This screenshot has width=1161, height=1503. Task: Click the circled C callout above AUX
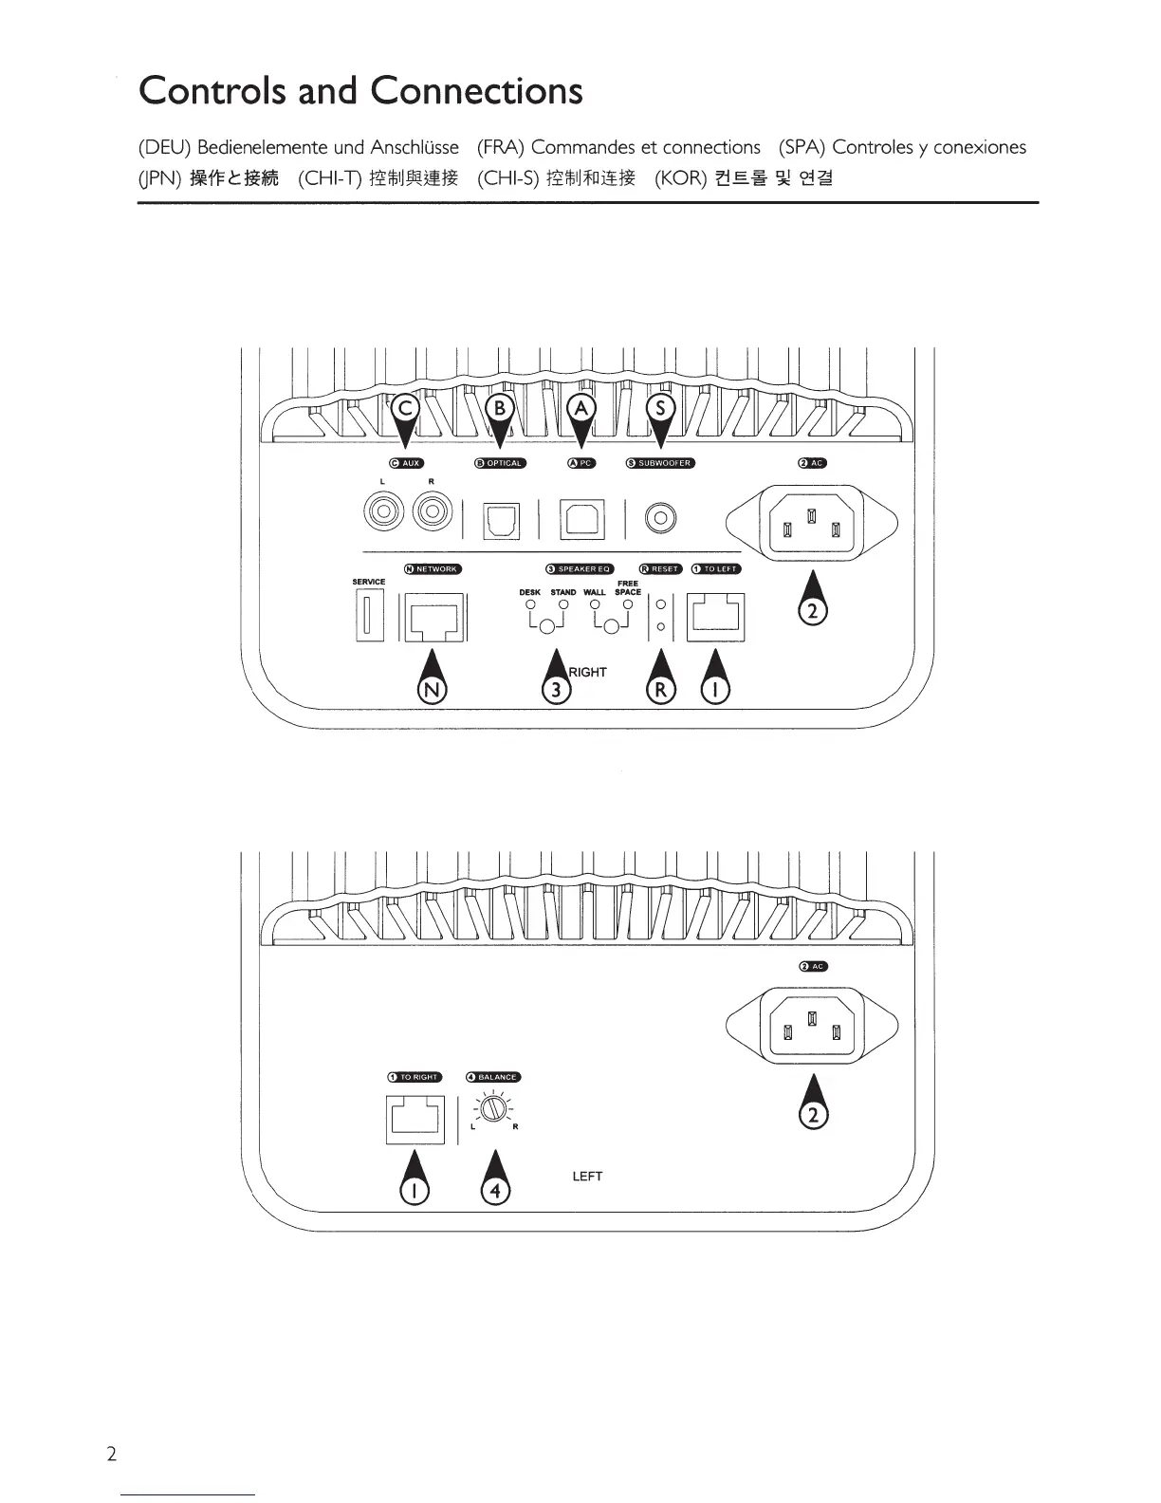point(406,408)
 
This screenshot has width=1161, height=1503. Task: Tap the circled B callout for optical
point(499,408)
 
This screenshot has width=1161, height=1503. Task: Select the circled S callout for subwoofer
point(661,408)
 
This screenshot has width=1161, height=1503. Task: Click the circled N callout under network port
point(433,690)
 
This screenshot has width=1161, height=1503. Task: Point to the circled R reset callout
point(661,690)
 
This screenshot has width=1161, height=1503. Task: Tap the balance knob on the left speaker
point(492,1109)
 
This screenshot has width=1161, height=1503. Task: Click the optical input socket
point(501,520)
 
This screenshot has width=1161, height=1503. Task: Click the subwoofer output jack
point(659,518)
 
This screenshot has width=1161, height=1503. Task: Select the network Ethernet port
point(433,618)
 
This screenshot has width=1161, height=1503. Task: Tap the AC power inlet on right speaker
point(811,524)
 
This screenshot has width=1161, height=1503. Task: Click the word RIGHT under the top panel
point(587,672)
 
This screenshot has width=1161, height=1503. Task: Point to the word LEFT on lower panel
point(587,1176)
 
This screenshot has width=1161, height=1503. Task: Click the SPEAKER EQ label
point(580,569)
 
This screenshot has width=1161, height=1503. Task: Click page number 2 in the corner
point(111,1455)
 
